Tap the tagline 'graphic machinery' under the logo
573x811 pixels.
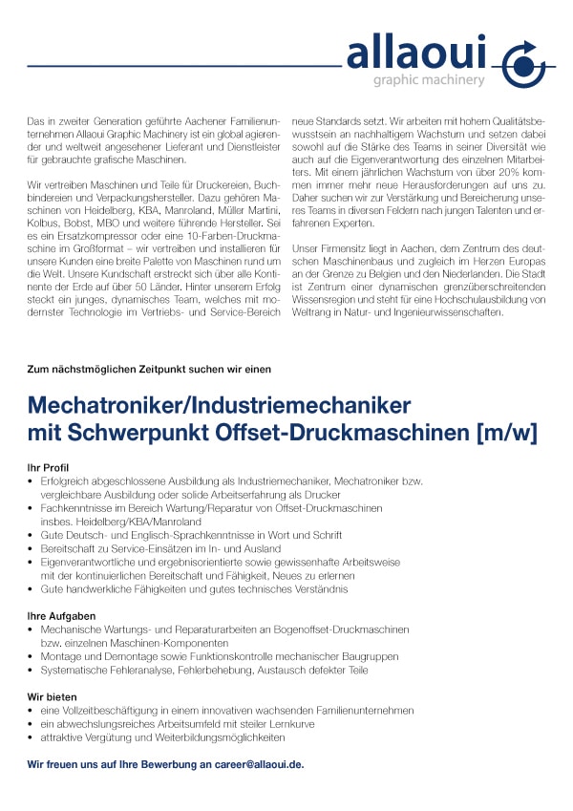[428, 80]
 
